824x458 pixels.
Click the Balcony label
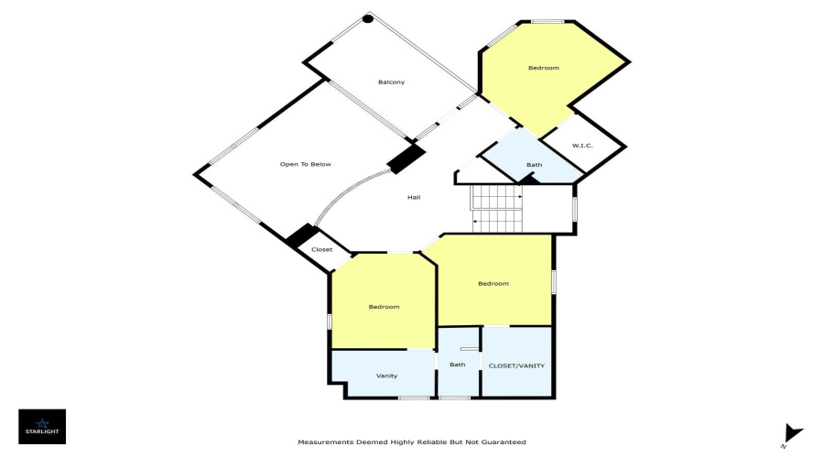[392, 82]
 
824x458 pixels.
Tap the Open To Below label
[305, 164]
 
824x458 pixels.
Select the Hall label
[414, 198]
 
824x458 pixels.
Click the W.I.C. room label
[582, 146]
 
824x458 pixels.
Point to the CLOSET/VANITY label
[516, 366]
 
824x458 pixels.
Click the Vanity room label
[386, 376]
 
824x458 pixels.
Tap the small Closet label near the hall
[321, 250]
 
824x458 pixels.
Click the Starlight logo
[42, 427]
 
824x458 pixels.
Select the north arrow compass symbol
[791, 435]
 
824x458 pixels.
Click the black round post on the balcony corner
[368, 19]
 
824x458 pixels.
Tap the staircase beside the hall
[496, 208]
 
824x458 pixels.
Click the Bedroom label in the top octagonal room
[543, 68]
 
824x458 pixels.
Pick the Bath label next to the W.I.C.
[534, 165]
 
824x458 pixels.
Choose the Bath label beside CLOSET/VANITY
[457, 365]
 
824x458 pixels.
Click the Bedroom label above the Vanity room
[384, 307]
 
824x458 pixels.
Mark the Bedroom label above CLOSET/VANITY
[493, 283]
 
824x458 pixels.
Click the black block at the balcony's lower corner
[407, 158]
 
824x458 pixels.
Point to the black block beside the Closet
[300, 236]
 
